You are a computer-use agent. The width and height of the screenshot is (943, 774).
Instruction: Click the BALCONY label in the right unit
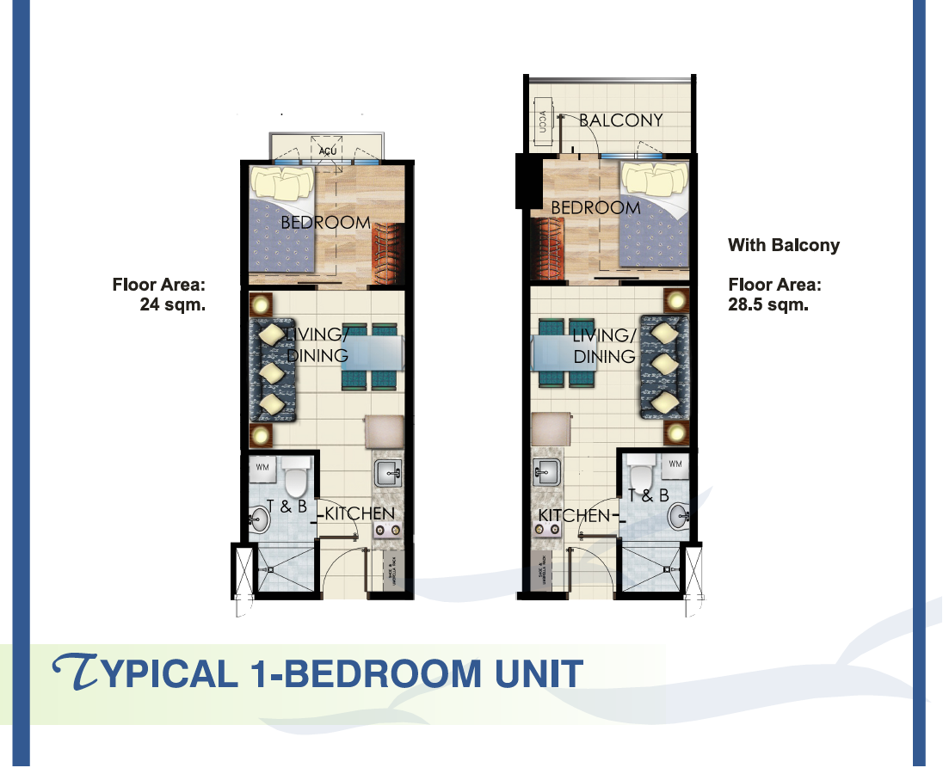(620, 120)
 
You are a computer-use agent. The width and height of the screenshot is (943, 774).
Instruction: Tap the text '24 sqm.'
(173, 303)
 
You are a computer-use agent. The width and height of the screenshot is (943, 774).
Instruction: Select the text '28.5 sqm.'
(768, 304)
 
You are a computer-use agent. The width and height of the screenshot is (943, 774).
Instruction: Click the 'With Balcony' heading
(783, 245)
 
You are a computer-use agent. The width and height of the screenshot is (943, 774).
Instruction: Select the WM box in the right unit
(675, 464)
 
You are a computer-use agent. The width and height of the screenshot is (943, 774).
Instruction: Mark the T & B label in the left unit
(288, 507)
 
